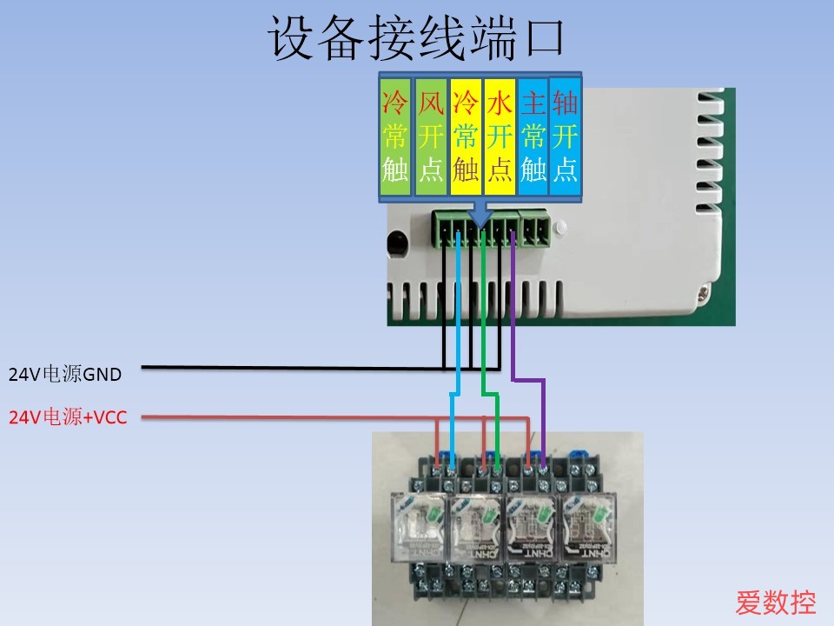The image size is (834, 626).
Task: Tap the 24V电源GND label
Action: coord(65,376)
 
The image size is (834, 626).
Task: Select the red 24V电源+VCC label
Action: coord(68,418)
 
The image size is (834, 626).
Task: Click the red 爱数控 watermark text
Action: coord(776,602)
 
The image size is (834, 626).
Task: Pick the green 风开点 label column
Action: coord(431,137)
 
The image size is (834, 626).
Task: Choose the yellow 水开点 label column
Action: coord(499,137)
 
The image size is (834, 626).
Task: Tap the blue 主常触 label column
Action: coord(533,137)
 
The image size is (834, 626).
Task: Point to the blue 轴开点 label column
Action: coord(565,137)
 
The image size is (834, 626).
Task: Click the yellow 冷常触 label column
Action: coord(466,137)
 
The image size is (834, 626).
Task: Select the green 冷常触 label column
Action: coord(395,137)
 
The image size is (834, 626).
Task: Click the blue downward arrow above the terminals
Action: coord(480,211)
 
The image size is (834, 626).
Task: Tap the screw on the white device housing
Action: coord(699,295)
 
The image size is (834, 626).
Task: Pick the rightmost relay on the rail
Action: coord(586,526)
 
